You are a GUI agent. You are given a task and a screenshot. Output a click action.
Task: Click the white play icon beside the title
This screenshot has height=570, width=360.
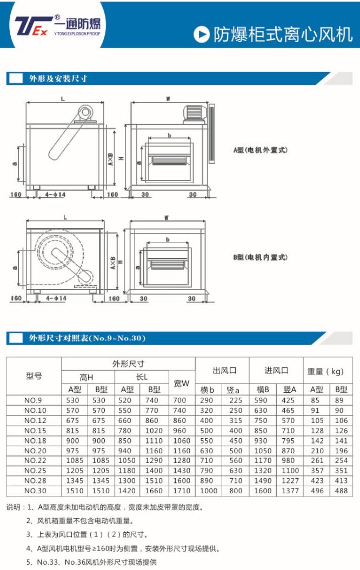click(202, 35)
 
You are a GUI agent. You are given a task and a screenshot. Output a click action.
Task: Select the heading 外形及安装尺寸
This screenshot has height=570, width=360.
click(58, 78)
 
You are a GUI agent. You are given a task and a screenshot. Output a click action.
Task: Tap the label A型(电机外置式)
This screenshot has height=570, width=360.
click(261, 150)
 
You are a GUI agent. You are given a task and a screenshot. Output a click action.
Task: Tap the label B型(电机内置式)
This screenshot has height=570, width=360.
click(261, 257)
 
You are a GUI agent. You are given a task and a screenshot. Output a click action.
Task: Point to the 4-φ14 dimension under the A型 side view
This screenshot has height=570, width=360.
click(55, 195)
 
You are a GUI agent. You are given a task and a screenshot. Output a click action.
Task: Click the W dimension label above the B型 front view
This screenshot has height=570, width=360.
click(166, 218)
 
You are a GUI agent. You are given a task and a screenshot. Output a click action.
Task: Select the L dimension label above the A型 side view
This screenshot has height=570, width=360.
click(63, 98)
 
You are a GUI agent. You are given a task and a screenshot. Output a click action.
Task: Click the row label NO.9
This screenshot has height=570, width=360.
click(33, 400)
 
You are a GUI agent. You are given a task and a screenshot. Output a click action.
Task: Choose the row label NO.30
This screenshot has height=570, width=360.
click(35, 491)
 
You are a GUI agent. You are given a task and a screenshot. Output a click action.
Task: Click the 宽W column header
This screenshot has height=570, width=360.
click(182, 383)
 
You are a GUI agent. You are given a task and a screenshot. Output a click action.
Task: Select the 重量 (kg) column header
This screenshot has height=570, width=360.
click(325, 371)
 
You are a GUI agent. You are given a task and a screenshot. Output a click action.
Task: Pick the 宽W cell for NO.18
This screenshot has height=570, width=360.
click(182, 440)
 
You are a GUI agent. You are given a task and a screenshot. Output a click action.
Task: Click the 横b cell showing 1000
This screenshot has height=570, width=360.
click(209, 491)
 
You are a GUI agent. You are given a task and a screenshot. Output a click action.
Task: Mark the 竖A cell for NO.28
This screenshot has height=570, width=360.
click(290, 480)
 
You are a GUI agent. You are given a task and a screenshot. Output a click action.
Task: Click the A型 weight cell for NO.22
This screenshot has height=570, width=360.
click(317, 460)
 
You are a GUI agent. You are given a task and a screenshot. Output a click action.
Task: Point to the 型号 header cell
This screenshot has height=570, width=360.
click(34, 376)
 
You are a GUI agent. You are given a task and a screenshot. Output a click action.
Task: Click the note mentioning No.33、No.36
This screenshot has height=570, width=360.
click(91, 562)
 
